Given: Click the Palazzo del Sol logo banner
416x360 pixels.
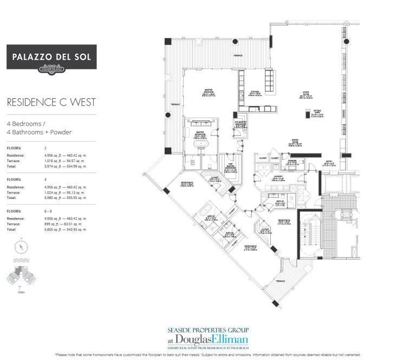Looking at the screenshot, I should coord(51,57).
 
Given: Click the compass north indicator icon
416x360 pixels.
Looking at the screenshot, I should coord(20,247).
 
